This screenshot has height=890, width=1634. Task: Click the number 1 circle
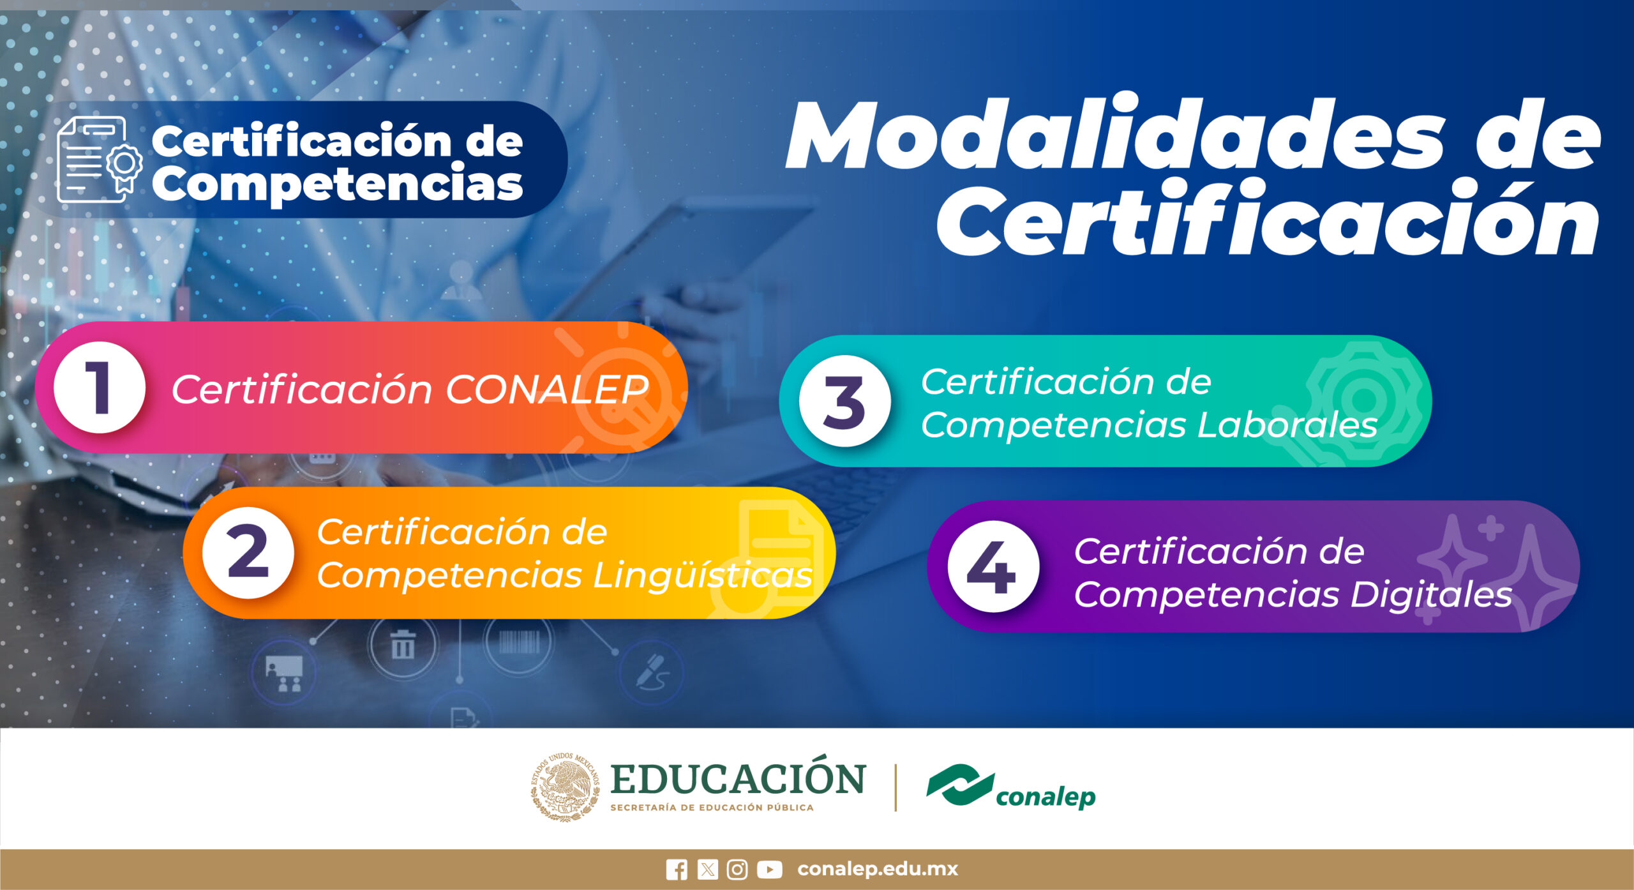pos(100,388)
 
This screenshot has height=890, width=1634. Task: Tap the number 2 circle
pos(248,553)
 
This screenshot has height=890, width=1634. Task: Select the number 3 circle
pos(845,401)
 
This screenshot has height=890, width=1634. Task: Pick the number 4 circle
pos(993,566)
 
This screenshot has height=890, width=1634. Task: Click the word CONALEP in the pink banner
pos(547,389)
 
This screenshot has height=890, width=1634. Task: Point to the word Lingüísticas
pos(703,575)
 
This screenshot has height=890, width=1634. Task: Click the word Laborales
pos(1287,425)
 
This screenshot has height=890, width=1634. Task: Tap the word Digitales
pos(1431,594)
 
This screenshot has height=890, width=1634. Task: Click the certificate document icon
pos(100,160)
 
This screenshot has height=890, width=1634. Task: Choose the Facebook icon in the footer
pos(677,870)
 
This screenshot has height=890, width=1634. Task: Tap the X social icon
pos(707,870)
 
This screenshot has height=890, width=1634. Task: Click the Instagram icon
pos(737,870)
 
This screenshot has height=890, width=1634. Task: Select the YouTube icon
pos(769,870)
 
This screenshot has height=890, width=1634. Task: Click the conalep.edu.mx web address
pos(878,869)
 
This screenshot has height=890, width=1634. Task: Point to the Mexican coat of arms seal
pos(565,787)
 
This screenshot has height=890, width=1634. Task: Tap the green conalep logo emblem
pos(960,784)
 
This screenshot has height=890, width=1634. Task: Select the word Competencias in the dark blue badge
pos(337,183)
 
